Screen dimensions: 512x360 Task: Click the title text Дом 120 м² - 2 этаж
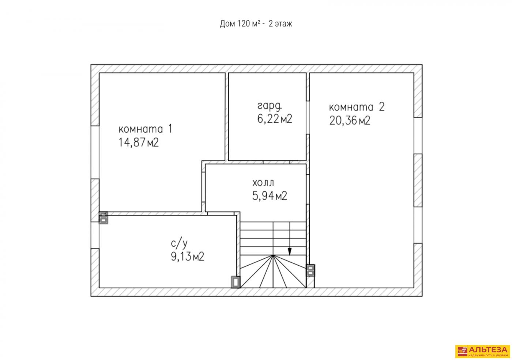[256, 23]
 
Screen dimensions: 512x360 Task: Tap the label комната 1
[145, 129]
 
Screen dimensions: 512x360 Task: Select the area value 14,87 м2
[138, 142]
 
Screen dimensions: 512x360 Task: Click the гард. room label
[270, 106]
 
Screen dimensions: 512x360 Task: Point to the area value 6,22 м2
[275, 119]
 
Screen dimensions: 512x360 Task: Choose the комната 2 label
[357, 107]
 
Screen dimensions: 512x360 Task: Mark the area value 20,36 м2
[350, 120]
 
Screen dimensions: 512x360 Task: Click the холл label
[263, 183]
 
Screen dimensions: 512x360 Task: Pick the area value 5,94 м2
[270, 196]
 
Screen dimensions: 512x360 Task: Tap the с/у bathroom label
[179, 244]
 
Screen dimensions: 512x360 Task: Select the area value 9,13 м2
[187, 256]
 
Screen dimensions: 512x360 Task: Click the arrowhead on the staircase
[290, 252]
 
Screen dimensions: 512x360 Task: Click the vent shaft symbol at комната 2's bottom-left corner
[310, 271]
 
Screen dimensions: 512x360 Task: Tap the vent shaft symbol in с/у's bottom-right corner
[236, 282]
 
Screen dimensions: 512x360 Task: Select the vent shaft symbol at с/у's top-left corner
[103, 218]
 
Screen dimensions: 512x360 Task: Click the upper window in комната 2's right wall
[418, 136]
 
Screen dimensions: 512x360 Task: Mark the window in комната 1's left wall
[95, 152]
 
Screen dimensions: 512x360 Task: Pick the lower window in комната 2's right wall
[418, 225]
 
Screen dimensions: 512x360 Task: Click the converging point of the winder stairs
[273, 255]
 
